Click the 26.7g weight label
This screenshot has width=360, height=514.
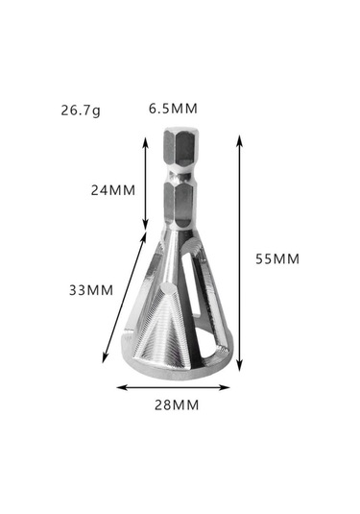[x=81, y=110]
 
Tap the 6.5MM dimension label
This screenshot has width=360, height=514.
[x=173, y=109]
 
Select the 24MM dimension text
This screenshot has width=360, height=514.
[x=113, y=190]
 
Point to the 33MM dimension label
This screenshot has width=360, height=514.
[x=91, y=290]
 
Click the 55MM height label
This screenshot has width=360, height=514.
[x=277, y=259]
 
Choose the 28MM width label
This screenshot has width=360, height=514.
[x=177, y=405]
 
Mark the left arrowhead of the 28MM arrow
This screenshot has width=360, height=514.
[x=120, y=387]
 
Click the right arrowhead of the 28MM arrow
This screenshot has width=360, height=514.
[x=226, y=387]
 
